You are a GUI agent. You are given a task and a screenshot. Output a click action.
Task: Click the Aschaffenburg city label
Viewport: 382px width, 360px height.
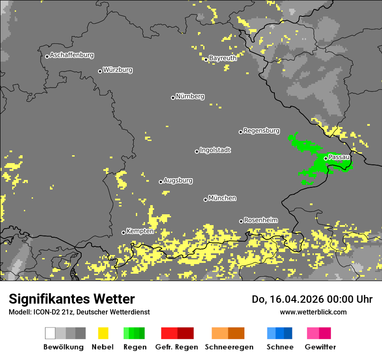click(72, 55)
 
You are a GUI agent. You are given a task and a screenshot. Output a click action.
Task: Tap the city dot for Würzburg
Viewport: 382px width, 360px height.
click(100, 71)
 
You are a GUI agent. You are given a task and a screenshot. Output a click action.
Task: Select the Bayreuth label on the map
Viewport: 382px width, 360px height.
click(223, 58)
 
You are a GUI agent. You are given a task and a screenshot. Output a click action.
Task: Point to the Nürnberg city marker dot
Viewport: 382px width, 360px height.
click(173, 98)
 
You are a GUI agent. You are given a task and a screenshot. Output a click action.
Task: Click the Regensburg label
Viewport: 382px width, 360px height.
click(261, 131)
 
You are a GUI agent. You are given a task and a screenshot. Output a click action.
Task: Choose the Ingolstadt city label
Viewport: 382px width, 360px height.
click(215, 150)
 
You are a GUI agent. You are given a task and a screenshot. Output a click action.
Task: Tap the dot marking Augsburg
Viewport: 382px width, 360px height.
click(161, 182)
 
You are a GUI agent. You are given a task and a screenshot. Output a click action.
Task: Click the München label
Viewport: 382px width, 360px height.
click(222, 198)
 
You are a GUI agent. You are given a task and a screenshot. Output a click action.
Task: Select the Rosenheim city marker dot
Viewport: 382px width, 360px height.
click(241, 221)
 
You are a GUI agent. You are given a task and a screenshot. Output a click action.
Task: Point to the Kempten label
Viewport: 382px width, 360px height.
click(140, 231)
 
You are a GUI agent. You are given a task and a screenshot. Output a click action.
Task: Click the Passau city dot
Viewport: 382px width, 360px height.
click(326, 158)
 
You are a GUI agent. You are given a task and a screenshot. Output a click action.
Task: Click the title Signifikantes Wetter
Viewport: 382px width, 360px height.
click(72, 299)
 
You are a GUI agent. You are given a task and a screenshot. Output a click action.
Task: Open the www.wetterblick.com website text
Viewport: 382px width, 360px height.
click(313, 312)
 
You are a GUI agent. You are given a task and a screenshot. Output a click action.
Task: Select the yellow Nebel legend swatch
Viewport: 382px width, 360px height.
click(103, 333)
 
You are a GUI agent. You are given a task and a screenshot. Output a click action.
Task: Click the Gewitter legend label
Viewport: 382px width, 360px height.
click(320, 347)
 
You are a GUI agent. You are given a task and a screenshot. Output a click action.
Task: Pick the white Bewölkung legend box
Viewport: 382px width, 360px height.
click(50, 333)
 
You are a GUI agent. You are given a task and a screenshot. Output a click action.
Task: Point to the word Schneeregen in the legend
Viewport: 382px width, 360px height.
click(229, 347)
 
